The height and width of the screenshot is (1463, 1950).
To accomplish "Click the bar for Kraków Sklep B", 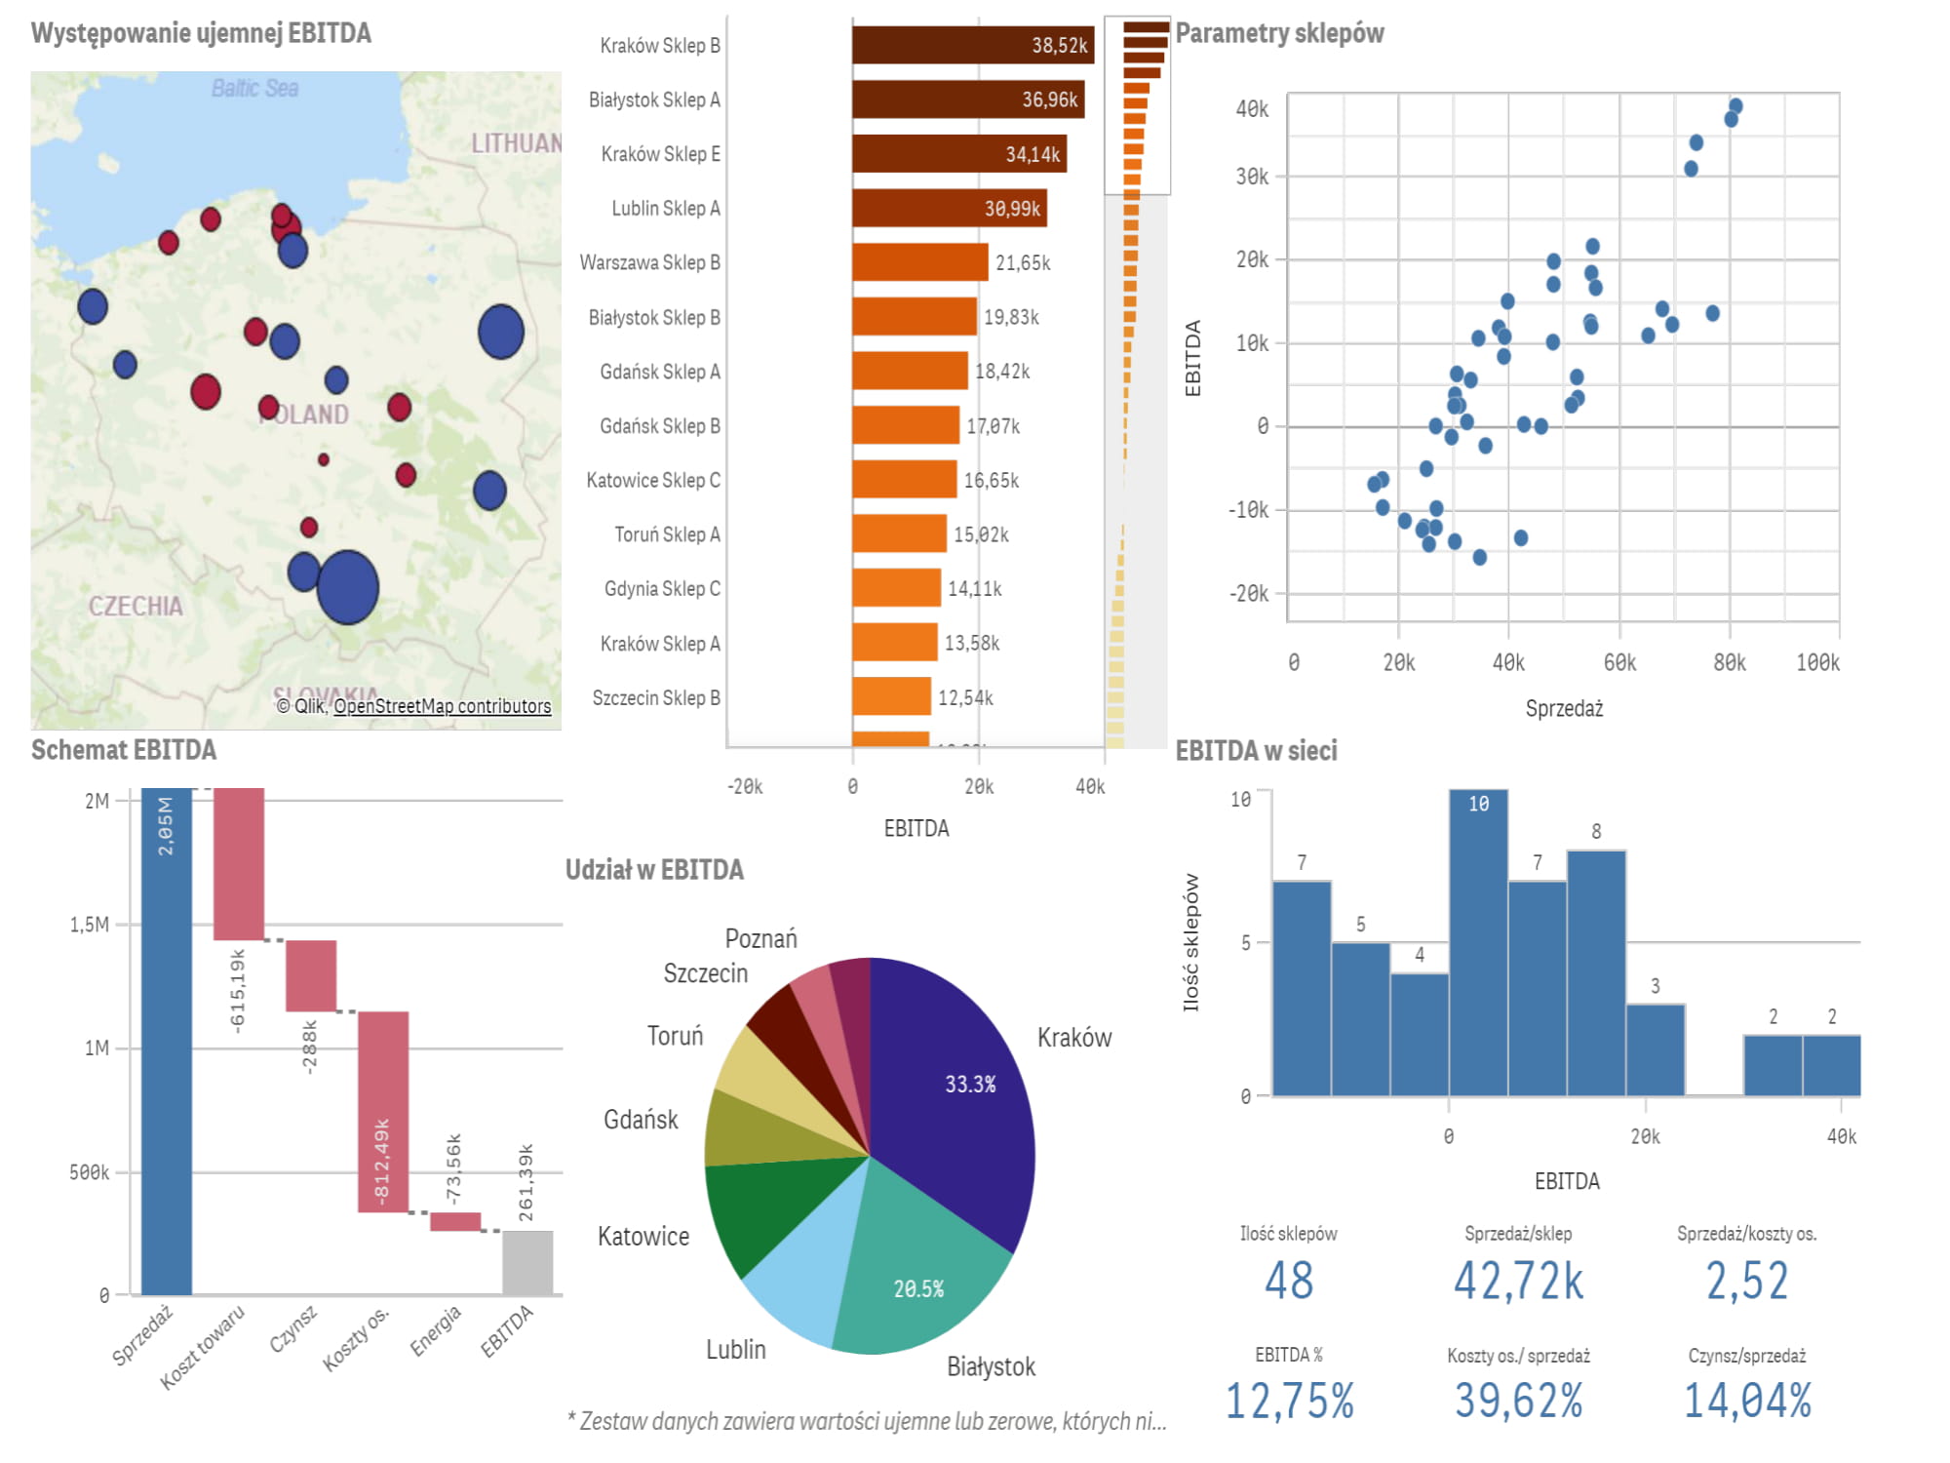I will tap(972, 45).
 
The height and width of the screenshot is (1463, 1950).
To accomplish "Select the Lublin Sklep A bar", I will tap(949, 208).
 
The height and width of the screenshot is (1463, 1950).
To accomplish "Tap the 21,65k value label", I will tap(1023, 263).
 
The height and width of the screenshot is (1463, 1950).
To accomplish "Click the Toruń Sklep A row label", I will tap(667, 534).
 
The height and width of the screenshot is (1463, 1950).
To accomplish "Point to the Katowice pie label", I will tap(643, 1237).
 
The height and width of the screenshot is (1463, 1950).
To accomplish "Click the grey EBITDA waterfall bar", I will tap(527, 1262).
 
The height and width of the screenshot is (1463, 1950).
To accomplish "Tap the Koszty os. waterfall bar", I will tap(383, 1112).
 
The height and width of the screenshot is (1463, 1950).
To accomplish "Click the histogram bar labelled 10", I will tap(1478, 941).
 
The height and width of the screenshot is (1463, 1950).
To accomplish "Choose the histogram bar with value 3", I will tap(1656, 1049).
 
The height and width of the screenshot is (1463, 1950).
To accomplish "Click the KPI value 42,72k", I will tap(1518, 1281).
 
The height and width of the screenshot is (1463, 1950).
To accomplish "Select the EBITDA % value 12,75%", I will tap(1289, 1401).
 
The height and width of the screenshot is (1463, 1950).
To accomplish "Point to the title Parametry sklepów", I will tap(1279, 33).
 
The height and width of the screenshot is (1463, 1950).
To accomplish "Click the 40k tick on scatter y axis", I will tap(1252, 109).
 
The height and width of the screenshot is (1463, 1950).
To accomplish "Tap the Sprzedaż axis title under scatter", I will tap(1564, 709).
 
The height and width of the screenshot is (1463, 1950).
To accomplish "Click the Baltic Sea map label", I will tap(254, 89).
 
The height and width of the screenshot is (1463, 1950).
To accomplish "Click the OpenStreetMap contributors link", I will tap(442, 706).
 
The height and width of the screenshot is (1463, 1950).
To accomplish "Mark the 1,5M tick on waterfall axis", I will tap(90, 925).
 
